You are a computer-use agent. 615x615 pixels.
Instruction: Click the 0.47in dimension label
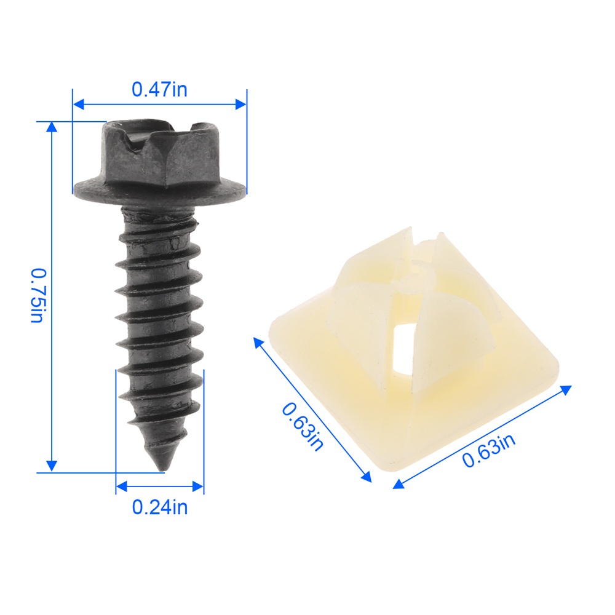coord(159,89)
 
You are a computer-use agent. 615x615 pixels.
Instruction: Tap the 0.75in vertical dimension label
coord(39,296)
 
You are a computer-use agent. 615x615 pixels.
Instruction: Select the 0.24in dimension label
coord(160,507)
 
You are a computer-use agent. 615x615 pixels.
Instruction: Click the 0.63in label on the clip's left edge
coord(303,426)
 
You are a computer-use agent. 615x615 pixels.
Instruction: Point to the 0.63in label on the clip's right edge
coord(489,451)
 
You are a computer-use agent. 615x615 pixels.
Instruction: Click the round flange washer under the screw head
coord(160,191)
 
